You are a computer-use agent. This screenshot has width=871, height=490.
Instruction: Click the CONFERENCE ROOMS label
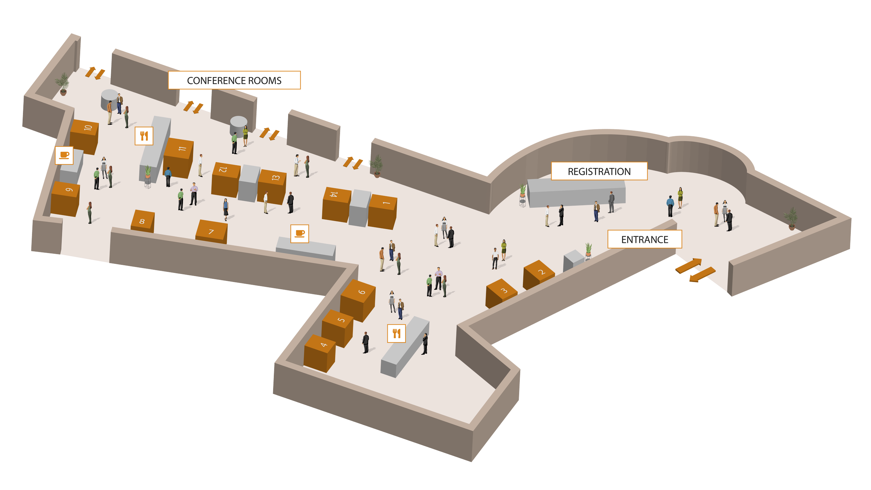(x=234, y=81)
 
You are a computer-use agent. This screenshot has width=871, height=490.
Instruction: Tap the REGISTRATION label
(x=599, y=171)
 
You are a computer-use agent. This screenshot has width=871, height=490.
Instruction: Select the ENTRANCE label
(x=645, y=239)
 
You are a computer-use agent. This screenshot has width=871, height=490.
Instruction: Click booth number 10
(x=85, y=136)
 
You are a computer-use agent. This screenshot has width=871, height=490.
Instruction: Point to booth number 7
(x=211, y=232)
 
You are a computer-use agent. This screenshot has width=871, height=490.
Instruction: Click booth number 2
(x=539, y=274)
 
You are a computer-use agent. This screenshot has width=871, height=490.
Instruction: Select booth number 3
(x=501, y=293)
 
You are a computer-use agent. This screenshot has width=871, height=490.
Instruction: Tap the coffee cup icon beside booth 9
(x=64, y=155)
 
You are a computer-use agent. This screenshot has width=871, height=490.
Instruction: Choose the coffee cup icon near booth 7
(x=300, y=233)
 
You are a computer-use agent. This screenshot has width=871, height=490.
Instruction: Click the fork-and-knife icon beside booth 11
(x=144, y=136)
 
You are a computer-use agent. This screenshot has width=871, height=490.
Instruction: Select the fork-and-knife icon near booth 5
(x=396, y=334)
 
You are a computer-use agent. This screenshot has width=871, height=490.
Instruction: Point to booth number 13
(x=272, y=185)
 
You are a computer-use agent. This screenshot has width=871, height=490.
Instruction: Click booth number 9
(x=65, y=199)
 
